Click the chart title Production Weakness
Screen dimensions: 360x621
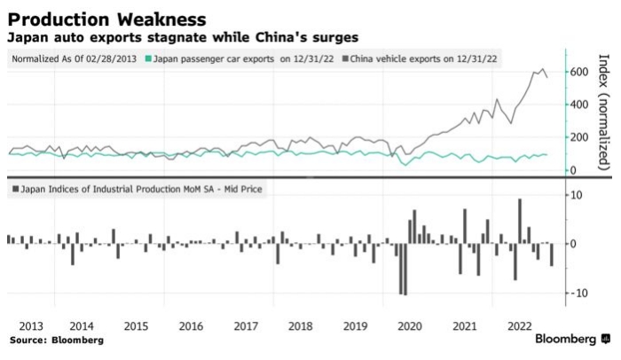click(x=108, y=18)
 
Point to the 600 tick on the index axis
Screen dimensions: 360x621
click(x=579, y=71)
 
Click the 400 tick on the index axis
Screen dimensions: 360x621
click(x=579, y=104)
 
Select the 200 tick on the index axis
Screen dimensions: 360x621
click(x=579, y=137)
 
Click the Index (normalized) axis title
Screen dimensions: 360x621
click(x=603, y=111)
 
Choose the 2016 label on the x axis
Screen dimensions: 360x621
click(x=191, y=325)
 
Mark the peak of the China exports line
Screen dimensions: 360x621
click(x=542, y=69)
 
